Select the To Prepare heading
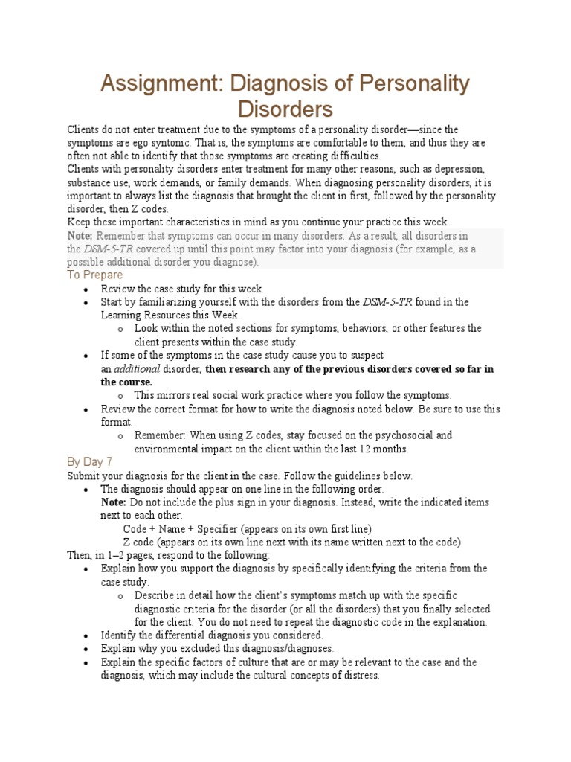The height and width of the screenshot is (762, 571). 94,275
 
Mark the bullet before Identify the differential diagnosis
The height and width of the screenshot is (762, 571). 86,635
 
